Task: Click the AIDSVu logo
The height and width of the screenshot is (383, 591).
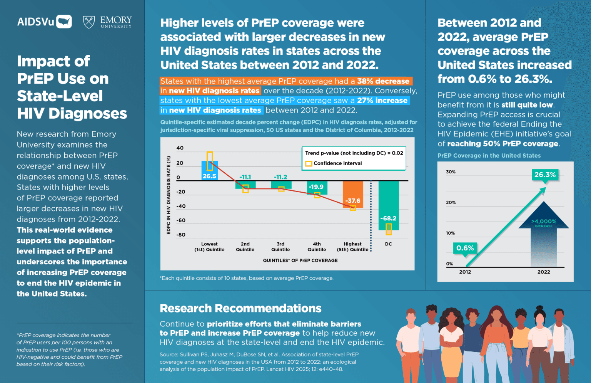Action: click(x=44, y=22)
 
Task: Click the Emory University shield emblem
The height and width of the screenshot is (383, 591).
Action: click(x=89, y=22)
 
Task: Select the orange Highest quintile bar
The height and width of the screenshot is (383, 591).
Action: click(x=353, y=194)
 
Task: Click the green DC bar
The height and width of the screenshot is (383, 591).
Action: click(x=389, y=205)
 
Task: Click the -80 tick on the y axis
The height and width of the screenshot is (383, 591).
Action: click(x=180, y=235)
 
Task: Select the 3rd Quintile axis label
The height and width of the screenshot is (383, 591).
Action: click(x=280, y=247)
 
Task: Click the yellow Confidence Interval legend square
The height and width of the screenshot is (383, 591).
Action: click(x=308, y=163)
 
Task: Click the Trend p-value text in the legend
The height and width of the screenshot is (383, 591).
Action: click(x=354, y=153)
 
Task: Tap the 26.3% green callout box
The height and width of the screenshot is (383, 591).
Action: click(x=545, y=175)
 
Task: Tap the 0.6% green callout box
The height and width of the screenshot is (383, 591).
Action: click(x=465, y=248)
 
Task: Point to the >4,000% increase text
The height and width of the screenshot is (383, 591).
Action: click(x=544, y=223)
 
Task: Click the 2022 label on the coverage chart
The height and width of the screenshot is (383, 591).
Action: click(x=543, y=272)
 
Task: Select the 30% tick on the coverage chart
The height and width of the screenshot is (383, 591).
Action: click(x=451, y=172)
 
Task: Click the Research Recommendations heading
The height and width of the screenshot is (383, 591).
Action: click(x=240, y=308)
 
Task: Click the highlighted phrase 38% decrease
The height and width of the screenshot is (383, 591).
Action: click(x=383, y=81)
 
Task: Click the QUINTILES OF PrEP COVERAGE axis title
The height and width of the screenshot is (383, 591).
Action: click(x=300, y=260)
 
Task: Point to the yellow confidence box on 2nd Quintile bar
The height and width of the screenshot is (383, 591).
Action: click(x=245, y=188)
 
